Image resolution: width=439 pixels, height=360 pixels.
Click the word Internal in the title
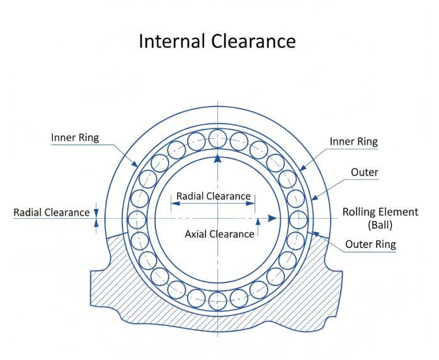(170, 41)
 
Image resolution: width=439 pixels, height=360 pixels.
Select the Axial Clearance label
(219, 234)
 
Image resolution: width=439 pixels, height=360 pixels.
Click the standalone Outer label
(364, 172)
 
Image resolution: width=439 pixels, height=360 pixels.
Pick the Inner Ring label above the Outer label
(353, 141)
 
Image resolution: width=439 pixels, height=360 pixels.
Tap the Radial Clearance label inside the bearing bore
(213, 196)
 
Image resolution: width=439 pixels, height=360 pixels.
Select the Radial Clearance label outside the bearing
(52, 212)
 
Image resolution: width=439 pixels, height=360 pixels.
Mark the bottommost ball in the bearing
(217, 299)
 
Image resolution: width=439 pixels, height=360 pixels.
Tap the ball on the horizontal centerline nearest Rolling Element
(298, 219)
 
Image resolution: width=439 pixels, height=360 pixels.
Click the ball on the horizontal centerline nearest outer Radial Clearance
(137, 219)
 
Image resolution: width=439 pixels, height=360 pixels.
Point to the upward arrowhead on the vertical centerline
(217, 159)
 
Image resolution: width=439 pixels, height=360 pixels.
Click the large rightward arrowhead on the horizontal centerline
(271, 219)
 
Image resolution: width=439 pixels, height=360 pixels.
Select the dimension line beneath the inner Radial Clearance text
(213, 203)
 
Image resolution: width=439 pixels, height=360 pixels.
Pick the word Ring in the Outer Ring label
(386, 244)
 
